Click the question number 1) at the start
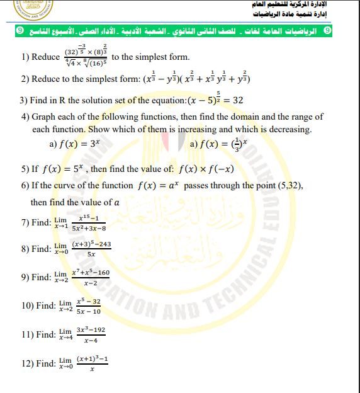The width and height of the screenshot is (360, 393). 26,57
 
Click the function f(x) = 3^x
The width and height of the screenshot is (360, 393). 75,144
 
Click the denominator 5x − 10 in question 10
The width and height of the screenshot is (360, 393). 87,311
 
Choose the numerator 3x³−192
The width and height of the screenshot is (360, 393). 91,329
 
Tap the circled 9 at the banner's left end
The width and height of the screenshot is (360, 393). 20,30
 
